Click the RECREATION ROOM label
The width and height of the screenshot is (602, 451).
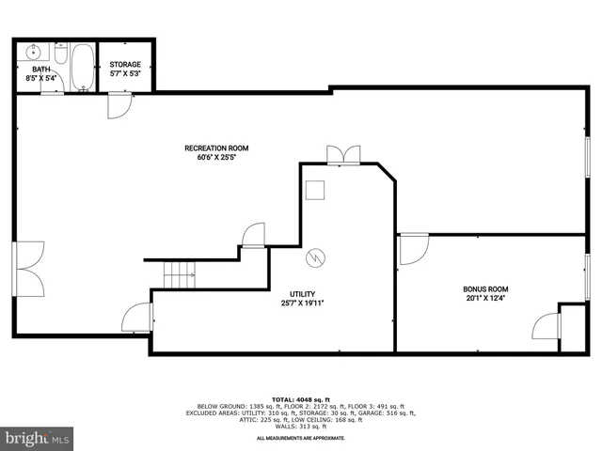pyautogui.click(x=216, y=148)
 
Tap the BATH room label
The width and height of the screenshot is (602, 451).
pyautogui.click(x=41, y=69)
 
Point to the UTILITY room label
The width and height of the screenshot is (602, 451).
pyautogui.click(x=302, y=293)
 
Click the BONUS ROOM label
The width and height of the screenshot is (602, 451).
pyautogui.click(x=485, y=289)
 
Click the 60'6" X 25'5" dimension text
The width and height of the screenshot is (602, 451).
pyautogui.click(x=216, y=158)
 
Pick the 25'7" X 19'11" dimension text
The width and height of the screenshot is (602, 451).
pyautogui.click(x=302, y=303)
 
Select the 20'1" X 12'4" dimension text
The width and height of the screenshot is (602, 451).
pyautogui.click(x=485, y=299)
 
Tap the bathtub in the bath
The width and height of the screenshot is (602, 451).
pyautogui.click(x=83, y=66)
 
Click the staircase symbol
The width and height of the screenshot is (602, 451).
pyautogui.click(x=180, y=274)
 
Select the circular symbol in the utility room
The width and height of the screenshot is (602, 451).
pyautogui.click(x=317, y=256)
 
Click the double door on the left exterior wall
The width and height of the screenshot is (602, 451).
pyautogui.click(x=26, y=270)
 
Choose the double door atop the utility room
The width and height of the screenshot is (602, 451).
pyautogui.click(x=342, y=156)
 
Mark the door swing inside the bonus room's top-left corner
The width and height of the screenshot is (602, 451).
pyautogui.click(x=412, y=249)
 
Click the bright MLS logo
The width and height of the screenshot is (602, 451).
pyautogui.click(x=38, y=438)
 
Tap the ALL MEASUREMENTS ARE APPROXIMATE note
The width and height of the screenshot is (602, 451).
pyautogui.click(x=301, y=438)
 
